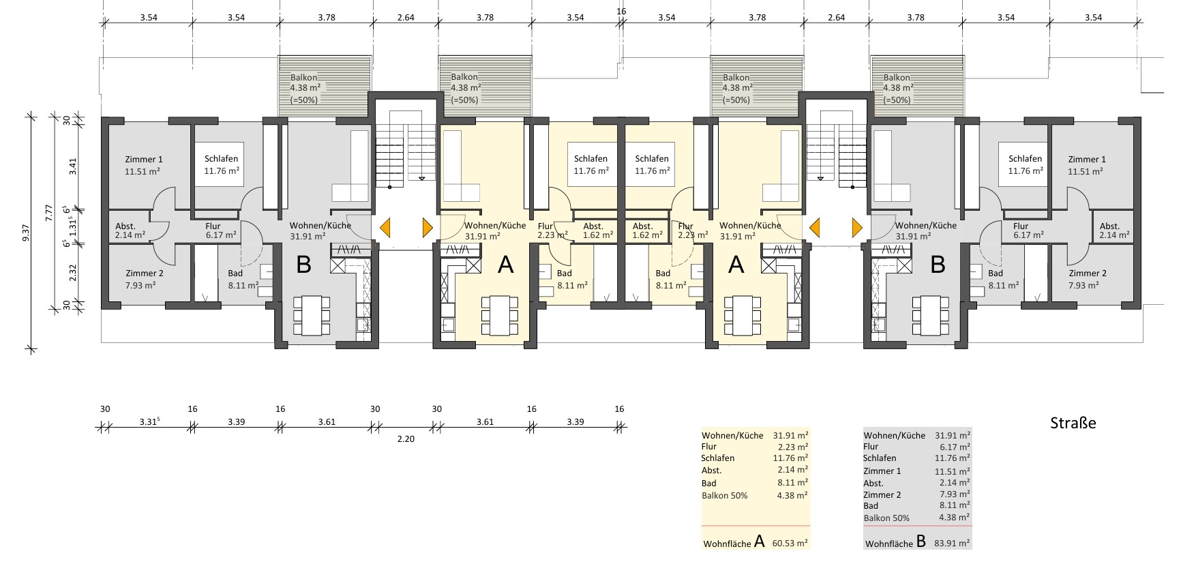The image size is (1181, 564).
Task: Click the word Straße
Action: [1073, 423]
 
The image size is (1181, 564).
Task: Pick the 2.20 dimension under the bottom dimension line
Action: [406, 439]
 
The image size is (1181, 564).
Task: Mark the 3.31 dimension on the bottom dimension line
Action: [150, 421]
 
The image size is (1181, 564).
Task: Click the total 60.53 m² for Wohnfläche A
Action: [790, 544]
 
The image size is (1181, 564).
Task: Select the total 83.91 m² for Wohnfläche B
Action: [952, 544]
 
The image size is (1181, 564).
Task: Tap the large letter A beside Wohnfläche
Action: [760, 542]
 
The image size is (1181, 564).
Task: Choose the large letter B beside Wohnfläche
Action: [921, 542]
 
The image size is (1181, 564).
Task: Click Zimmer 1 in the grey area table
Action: [882, 471]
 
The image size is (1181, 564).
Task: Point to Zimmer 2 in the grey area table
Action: [882, 494]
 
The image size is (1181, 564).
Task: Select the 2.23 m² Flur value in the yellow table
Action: [793, 447]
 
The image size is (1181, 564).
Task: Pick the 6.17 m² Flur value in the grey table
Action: [955, 447]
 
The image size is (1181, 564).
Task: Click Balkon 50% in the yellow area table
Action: [725, 495]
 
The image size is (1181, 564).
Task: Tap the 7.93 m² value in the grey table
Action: [955, 494]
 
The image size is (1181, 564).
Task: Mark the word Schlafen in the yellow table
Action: [718, 458]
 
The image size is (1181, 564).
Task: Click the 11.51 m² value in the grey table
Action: [953, 471]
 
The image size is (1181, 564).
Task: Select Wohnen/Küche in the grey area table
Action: [895, 435]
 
